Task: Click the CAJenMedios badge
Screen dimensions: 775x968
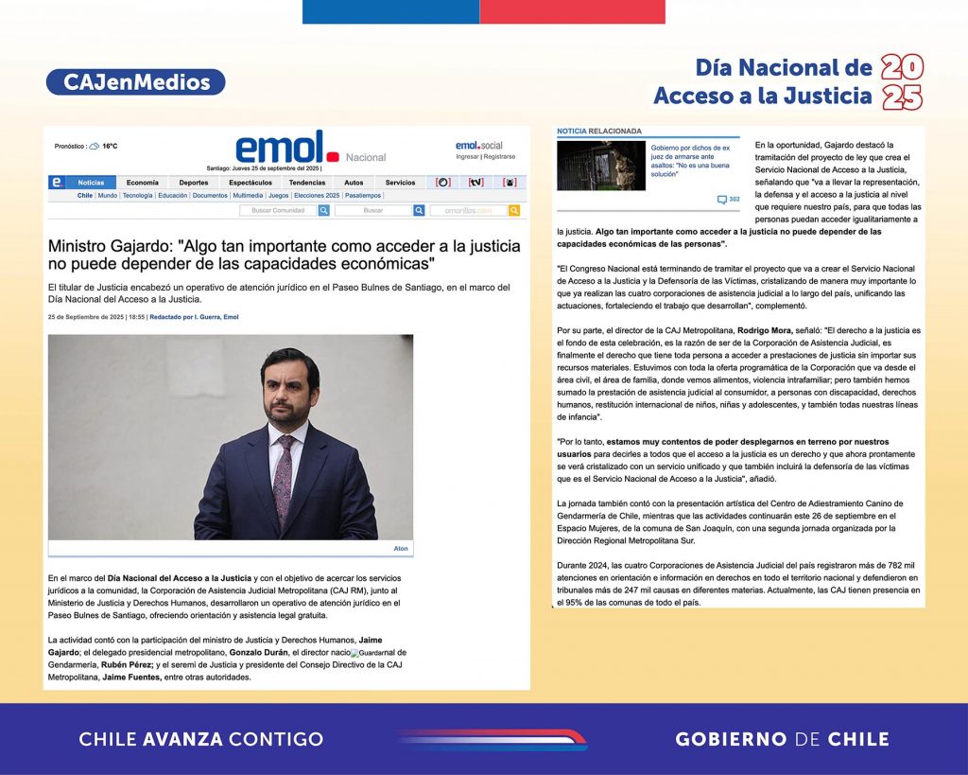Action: pyautogui.click(x=136, y=82)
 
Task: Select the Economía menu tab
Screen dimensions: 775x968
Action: pyautogui.click(x=143, y=183)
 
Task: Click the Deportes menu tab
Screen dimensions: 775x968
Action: pyautogui.click(x=193, y=183)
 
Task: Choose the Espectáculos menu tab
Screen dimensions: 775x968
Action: pyautogui.click(x=250, y=183)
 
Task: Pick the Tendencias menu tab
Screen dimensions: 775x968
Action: pyautogui.click(x=307, y=183)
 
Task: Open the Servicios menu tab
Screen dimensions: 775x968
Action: pyautogui.click(x=400, y=183)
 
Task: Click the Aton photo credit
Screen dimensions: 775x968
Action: pyautogui.click(x=401, y=548)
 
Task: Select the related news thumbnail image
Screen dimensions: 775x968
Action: pyautogui.click(x=600, y=166)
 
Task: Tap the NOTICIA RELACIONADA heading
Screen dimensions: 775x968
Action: pyautogui.click(x=599, y=131)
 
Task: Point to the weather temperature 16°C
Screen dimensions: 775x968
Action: pyautogui.click(x=111, y=147)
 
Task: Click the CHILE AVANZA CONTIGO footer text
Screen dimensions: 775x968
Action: pyautogui.click(x=200, y=739)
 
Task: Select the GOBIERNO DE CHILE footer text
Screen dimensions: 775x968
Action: pyautogui.click(x=782, y=739)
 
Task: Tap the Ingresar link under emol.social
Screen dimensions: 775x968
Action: pyautogui.click(x=467, y=156)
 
